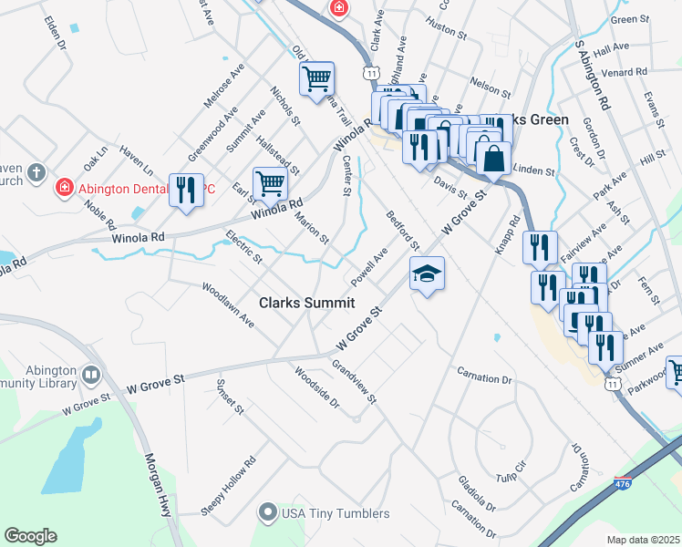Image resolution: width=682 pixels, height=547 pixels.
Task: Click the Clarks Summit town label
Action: point(305,303)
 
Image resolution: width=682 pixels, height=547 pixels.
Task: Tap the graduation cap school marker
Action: point(426,273)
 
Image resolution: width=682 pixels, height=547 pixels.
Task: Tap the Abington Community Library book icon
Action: point(91,375)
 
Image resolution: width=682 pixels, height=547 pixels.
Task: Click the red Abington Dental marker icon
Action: point(64,189)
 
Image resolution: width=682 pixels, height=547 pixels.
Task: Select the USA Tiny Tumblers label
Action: point(335,513)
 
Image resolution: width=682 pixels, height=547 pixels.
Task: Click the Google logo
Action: point(30,536)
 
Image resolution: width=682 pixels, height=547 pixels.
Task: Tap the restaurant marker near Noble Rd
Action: point(186,190)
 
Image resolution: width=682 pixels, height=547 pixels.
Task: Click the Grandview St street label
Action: point(353,381)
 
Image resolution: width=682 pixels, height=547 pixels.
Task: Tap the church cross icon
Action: point(36,171)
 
